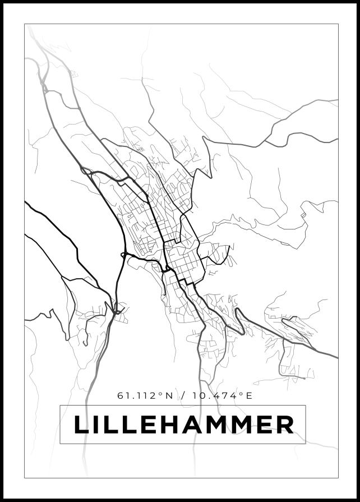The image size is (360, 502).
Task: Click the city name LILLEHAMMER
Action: coord(183,425)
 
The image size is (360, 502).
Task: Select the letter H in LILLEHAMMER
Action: coord(174,425)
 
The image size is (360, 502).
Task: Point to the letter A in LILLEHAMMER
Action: coord(198,425)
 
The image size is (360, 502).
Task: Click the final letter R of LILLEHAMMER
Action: coord(284,425)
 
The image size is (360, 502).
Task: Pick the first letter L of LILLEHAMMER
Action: coord(82,425)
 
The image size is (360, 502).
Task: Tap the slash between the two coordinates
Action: coord(183,395)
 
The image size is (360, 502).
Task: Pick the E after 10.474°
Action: coord(249,395)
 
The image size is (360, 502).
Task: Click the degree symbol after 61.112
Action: coord(161,394)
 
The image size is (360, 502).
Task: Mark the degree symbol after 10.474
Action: coord(242,394)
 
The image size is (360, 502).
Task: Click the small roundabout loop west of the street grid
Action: coord(123,256)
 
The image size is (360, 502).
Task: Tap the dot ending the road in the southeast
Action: coord(304,378)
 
